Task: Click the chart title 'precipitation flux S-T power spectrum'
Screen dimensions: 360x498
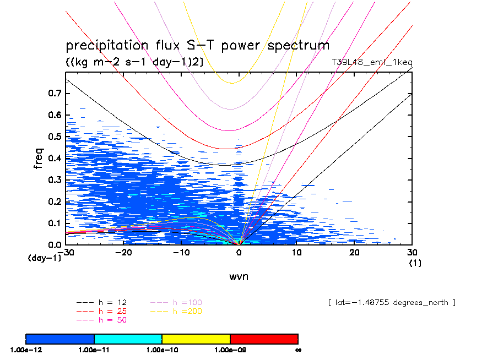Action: point(197,46)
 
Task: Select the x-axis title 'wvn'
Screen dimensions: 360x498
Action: point(239,276)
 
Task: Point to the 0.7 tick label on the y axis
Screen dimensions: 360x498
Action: point(55,94)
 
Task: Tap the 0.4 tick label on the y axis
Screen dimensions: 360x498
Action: point(55,159)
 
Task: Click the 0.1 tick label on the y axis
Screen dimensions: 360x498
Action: point(55,223)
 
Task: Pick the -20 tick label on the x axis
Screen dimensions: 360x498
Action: point(123,252)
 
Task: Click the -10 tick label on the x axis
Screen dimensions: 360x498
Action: point(181,252)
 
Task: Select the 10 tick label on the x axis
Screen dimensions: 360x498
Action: point(296,252)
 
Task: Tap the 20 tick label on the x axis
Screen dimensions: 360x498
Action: point(354,252)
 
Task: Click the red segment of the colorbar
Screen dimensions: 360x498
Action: point(264,339)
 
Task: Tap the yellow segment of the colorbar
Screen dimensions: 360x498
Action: point(196,339)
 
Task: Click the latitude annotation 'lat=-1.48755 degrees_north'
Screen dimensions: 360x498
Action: point(392,303)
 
